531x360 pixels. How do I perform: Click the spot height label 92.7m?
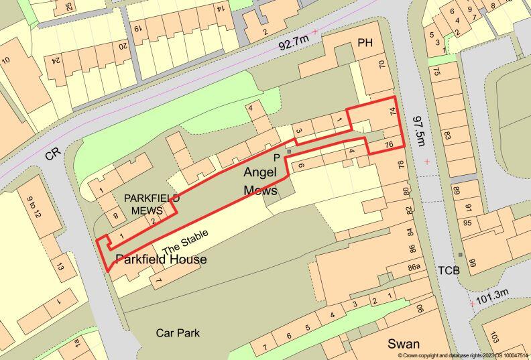[294, 44]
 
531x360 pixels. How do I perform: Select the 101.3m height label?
[493, 294]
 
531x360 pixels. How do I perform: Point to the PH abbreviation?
[365, 44]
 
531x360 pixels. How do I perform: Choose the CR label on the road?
[54, 154]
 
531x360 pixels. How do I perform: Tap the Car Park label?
[178, 333]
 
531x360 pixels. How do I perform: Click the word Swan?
[404, 344]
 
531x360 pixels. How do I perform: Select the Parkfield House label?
[161, 259]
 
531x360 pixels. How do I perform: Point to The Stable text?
[186, 239]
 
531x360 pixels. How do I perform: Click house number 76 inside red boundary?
[389, 145]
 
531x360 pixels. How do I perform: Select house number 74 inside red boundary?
[392, 114]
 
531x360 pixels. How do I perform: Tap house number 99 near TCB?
[472, 262]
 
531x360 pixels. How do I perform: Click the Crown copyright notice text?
[463, 355]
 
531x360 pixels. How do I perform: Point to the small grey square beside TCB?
[461, 255]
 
